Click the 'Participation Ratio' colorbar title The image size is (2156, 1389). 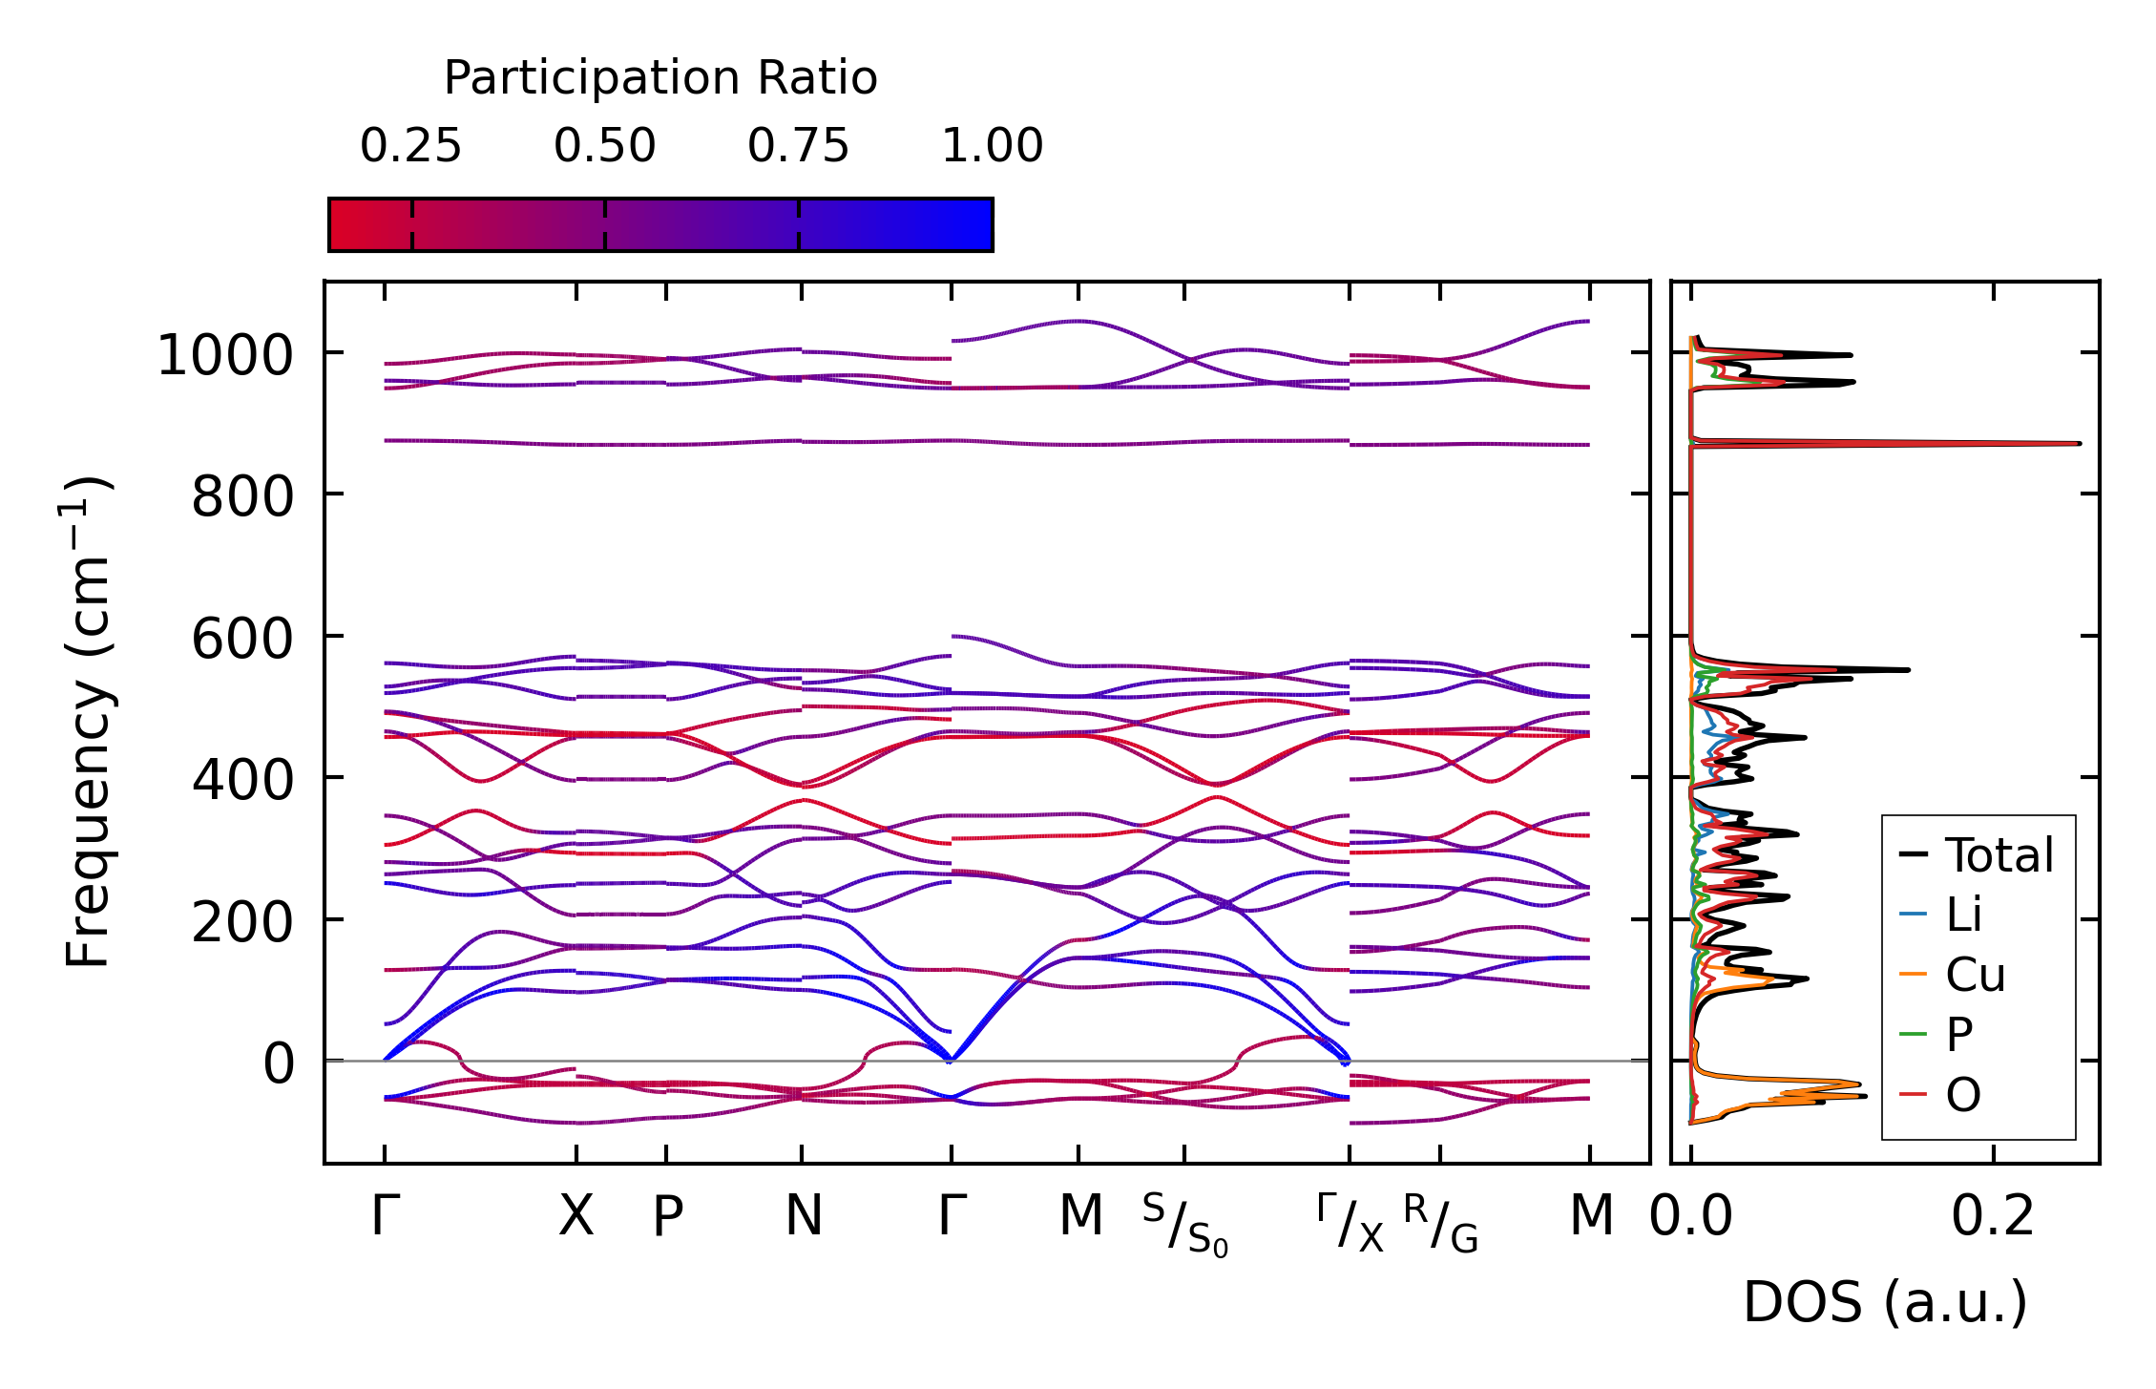[660, 78]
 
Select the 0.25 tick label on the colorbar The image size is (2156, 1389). [410, 146]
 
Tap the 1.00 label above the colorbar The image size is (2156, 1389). [992, 146]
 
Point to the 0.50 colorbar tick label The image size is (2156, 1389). [604, 146]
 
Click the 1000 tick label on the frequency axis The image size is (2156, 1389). [224, 356]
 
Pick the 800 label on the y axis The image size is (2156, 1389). [242, 497]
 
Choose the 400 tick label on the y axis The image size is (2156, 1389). [242, 780]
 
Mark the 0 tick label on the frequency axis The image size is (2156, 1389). [279, 1063]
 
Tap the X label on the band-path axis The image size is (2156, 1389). [576, 1216]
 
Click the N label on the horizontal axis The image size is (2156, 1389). [803, 1216]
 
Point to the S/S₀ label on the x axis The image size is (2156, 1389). [1184, 1225]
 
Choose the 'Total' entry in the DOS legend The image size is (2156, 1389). [1999, 855]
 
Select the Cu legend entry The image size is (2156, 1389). [1975, 975]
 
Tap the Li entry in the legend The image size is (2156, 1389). [1963, 915]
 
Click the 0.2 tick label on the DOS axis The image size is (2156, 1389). [1993, 1216]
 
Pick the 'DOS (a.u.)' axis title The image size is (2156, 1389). [1885, 1302]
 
